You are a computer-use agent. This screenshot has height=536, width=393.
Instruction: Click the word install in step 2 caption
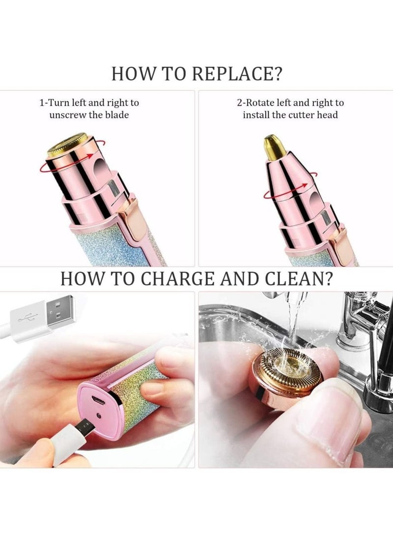click(x=257, y=115)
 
